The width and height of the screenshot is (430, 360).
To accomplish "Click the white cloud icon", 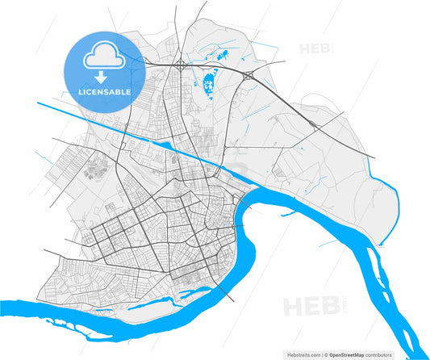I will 102,55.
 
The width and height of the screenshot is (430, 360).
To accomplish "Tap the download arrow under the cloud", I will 102,77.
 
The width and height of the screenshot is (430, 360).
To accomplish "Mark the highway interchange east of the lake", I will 248,76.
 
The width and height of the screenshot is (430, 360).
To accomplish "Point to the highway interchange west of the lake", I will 179,63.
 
